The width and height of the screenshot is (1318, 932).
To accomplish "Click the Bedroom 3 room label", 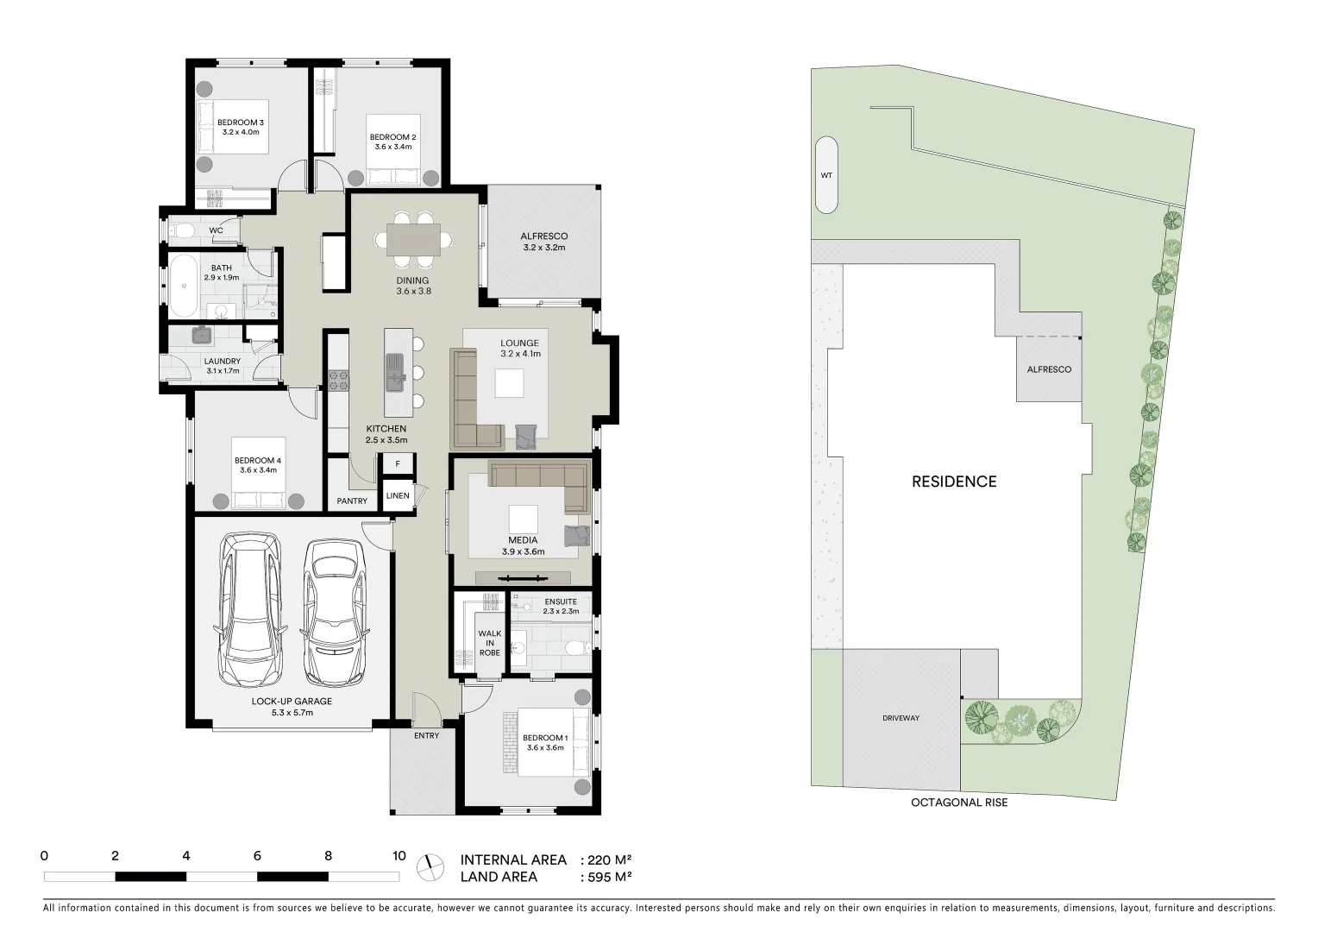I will (241, 128).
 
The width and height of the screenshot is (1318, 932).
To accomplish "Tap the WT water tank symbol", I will (826, 175).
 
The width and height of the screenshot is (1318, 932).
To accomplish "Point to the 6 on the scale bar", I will (257, 856).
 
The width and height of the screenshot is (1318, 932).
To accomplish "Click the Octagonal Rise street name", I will (958, 803).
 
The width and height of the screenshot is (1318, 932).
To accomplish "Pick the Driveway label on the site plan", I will (901, 718).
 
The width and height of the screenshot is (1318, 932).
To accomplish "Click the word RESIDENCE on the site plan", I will (953, 482).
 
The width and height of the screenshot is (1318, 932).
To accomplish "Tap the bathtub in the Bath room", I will (183, 286).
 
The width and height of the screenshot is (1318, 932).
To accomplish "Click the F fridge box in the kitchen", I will (398, 464).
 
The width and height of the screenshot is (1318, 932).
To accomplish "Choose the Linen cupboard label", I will (398, 495).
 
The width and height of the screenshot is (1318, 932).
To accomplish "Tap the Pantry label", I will (352, 501).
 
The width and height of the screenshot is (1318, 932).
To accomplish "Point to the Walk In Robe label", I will (489, 643).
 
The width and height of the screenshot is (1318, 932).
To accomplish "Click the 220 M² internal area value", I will (609, 860).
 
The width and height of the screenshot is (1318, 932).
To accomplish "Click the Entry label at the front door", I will (426, 735).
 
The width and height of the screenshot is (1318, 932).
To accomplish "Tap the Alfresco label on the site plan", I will (1048, 369).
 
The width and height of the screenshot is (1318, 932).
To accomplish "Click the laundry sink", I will (204, 336).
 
